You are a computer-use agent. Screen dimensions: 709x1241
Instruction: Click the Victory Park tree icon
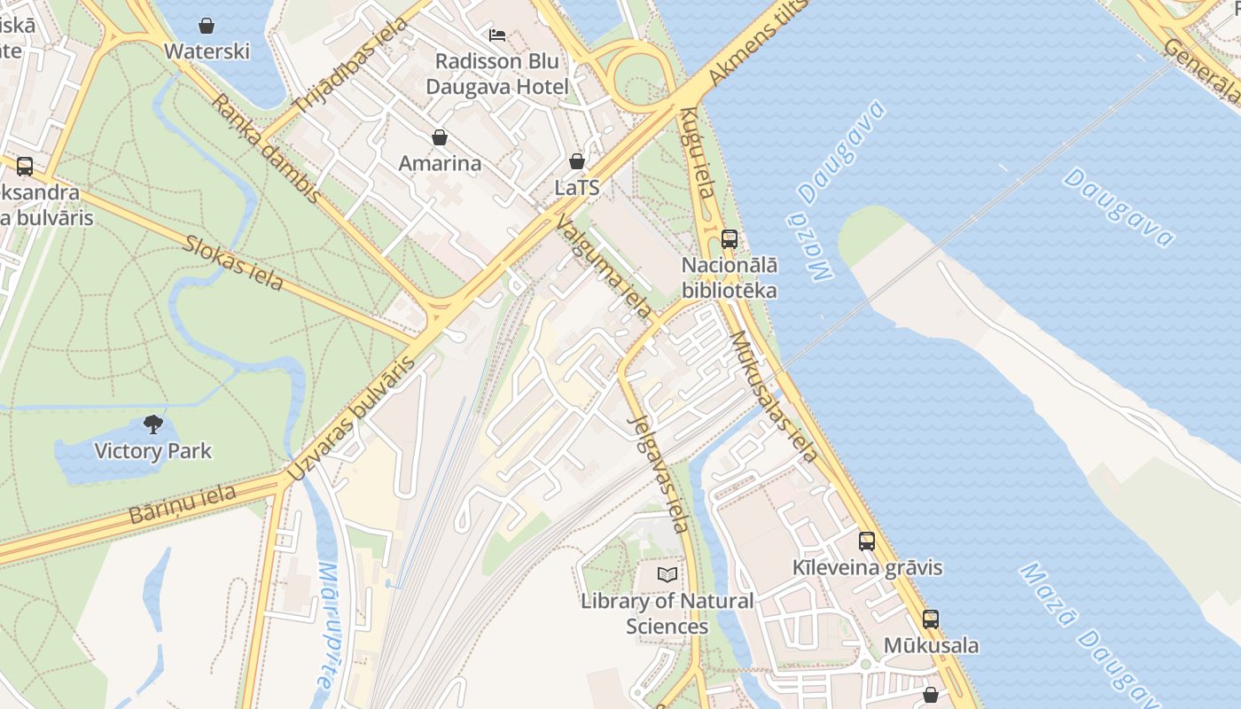(x=153, y=425)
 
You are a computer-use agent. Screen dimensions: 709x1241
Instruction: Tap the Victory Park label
(x=153, y=451)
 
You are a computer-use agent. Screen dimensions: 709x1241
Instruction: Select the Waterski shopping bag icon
(x=207, y=26)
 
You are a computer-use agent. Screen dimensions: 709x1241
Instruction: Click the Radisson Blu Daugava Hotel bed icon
(x=497, y=35)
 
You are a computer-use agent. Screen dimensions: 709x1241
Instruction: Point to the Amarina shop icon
(x=439, y=137)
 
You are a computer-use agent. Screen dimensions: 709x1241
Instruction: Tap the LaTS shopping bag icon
(x=577, y=161)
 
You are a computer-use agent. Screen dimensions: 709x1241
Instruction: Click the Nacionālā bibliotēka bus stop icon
(x=729, y=238)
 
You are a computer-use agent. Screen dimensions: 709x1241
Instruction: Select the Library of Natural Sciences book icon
(x=667, y=574)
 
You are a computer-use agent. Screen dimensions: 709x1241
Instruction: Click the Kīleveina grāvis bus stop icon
(x=867, y=541)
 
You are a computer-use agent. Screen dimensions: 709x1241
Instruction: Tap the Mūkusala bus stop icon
(x=930, y=619)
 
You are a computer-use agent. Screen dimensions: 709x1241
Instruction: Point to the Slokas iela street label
(x=233, y=262)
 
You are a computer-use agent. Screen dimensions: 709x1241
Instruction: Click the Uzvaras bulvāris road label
(x=352, y=419)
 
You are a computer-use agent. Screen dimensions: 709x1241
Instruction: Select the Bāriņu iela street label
(x=183, y=504)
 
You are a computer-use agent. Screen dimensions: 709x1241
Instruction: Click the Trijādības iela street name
(x=349, y=66)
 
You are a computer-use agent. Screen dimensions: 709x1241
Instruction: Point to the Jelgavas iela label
(x=659, y=474)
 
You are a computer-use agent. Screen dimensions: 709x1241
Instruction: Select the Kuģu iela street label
(x=698, y=164)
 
